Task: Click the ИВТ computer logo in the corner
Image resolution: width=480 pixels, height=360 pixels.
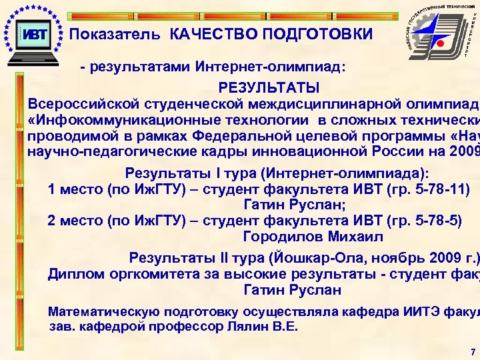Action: coord(33,34)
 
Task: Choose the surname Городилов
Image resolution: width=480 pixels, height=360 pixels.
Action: coord(283,237)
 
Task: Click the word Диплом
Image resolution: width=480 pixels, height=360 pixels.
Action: coord(76,274)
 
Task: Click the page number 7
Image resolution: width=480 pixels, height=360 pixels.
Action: coord(472,351)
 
